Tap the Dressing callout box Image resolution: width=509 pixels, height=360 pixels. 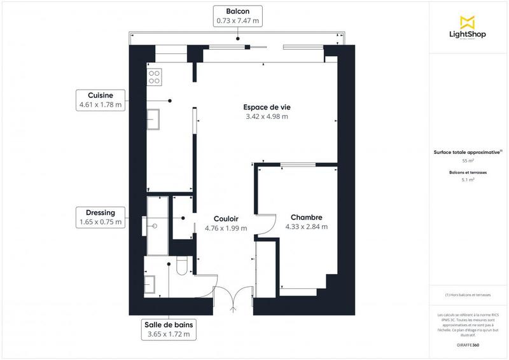[101, 218]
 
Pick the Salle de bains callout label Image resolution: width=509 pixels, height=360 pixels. [169, 329]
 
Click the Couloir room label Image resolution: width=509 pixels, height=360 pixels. [226, 218]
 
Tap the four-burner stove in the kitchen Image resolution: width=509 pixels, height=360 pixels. [154, 77]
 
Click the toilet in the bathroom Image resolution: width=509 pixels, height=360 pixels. [182, 267]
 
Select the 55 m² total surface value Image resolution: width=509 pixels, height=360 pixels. [468, 161]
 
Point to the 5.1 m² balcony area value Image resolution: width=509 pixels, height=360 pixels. [468, 180]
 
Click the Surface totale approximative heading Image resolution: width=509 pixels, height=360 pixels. [468, 152]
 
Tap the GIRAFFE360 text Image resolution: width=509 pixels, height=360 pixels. [468, 345]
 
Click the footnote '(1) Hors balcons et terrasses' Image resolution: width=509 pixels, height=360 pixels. [468, 294]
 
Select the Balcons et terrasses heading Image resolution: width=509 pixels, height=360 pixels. [468, 172]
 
